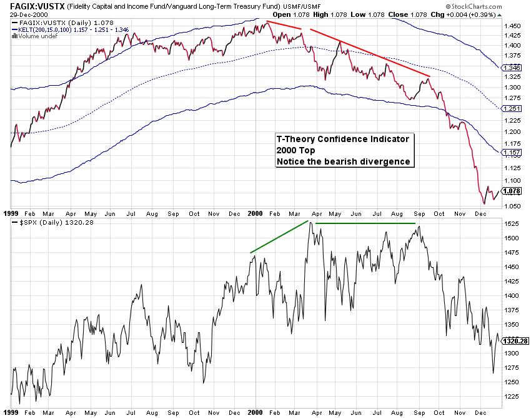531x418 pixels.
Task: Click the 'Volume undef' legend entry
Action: tap(31, 36)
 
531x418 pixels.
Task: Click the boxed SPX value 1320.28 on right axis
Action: tap(515, 341)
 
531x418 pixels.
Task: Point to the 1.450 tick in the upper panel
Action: tap(510, 26)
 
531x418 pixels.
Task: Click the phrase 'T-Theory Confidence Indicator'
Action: tap(342, 140)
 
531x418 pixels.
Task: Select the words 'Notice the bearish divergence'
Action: tap(343, 161)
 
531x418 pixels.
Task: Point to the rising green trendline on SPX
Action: tap(279, 237)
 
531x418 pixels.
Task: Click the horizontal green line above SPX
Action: tap(365, 223)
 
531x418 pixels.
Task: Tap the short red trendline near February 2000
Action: tap(284, 25)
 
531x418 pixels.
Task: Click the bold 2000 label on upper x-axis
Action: tap(254, 213)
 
